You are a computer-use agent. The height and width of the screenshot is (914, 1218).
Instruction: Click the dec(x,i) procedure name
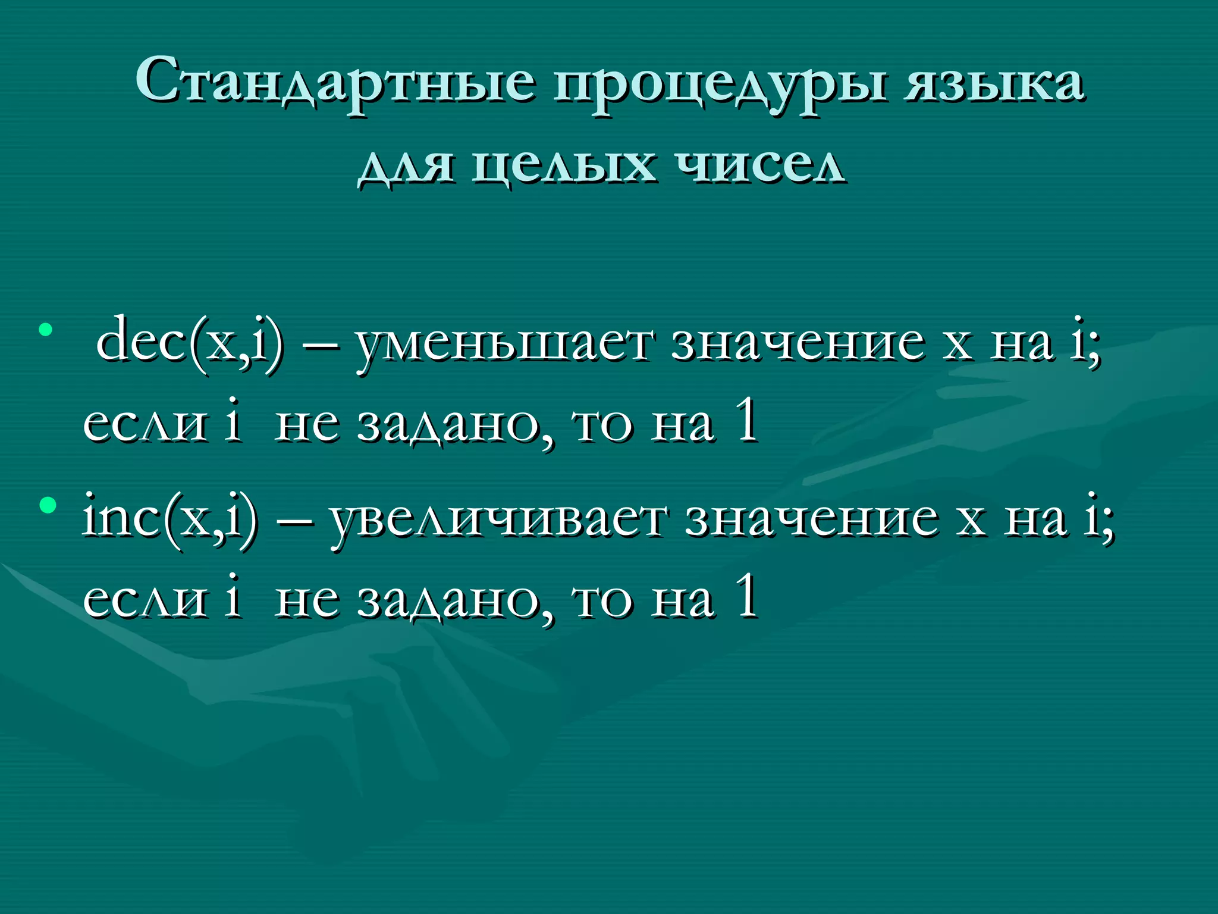coord(189,342)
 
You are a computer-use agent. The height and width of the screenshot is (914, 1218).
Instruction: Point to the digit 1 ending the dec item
coord(746,421)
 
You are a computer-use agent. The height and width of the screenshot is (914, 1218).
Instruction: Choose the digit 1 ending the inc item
coord(746,597)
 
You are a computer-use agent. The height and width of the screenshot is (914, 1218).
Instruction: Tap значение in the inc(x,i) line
coord(812,519)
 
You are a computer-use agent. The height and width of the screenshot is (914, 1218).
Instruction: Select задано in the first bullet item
coord(454,425)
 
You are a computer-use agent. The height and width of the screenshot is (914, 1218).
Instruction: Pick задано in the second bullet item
coord(454,601)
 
